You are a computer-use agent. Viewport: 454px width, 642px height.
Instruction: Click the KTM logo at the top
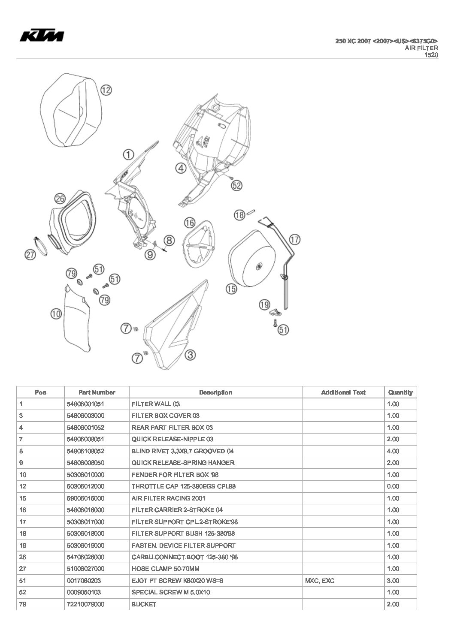click(42, 36)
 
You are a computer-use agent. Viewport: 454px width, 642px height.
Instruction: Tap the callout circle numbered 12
click(106, 90)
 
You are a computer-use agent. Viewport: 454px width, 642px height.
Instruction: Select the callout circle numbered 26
click(60, 198)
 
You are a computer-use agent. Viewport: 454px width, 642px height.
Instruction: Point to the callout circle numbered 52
click(236, 185)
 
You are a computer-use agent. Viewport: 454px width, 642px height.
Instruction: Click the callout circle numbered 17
click(295, 239)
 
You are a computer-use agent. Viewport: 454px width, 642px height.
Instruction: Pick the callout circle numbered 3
click(190, 355)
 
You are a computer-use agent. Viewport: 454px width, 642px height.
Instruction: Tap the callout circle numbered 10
click(56, 314)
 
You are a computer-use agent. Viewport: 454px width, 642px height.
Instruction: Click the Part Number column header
click(97, 392)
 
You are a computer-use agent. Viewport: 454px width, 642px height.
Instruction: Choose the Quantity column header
click(400, 392)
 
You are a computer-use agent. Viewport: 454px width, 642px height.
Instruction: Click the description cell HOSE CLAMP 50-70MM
click(166, 569)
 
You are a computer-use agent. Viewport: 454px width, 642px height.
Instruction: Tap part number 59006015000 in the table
click(85, 498)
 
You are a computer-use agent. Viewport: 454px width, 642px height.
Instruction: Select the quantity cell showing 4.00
click(393, 451)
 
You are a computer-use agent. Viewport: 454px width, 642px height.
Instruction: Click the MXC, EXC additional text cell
click(320, 581)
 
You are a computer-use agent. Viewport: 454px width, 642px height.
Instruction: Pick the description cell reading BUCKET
click(144, 604)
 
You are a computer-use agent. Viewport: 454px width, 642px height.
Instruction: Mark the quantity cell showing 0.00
click(393, 486)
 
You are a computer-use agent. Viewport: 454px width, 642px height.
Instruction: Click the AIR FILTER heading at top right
click(421, 48)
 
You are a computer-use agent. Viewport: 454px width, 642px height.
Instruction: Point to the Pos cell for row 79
click(23, 604)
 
